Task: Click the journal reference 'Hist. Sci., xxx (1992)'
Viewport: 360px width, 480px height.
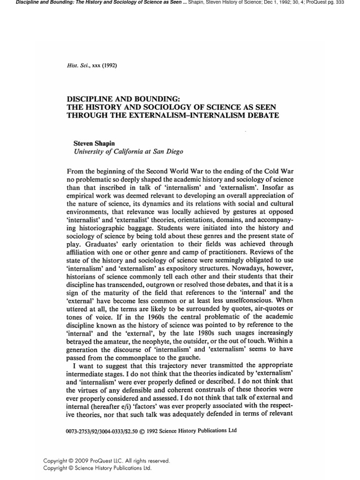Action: (x=92, y=65)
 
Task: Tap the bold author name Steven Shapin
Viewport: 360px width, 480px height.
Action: (x=94, y=143)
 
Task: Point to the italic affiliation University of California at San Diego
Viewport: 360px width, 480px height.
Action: (x=128, y=151)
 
